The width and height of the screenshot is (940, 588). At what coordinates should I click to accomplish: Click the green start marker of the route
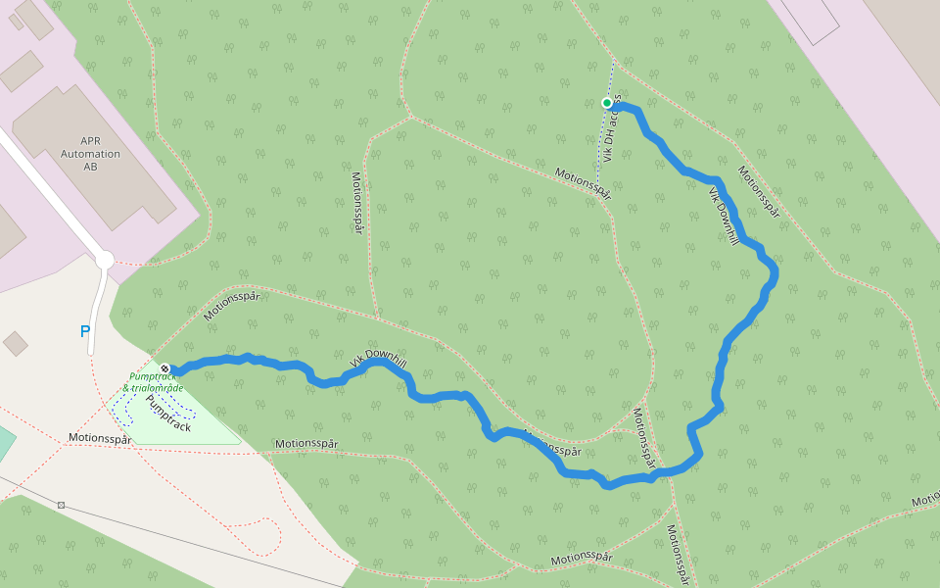pyautogui.click(x=607, y=103)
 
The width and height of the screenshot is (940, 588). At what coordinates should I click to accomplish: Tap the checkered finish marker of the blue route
pyautogui.click(x=164, y=369)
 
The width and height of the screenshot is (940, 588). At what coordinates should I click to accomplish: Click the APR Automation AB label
pyautogui.click(x=90, y=154)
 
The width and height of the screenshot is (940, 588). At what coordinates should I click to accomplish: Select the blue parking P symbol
pyautogui.click(x=85, y=332)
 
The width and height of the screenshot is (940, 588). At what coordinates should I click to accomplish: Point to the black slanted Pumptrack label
pyautogui.click(x=167, y=413)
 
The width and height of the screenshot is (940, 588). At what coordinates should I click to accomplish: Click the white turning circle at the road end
pyautogui.click(x=105, y=260)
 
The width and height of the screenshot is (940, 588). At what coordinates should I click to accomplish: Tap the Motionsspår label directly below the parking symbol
pyautogui.click(x=100, y=439)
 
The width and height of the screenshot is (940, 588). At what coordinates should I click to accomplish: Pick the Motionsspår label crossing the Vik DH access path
pyautogui.click(x=583, y=183)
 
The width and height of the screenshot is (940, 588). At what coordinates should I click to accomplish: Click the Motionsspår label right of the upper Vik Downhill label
pyautogui.click(x=759, y=192)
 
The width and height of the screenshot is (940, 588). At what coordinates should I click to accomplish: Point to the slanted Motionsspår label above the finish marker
pyautogui.click(x=231, y=306)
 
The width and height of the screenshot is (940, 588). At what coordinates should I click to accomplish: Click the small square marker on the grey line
pyautogui.click(x=61, y=505)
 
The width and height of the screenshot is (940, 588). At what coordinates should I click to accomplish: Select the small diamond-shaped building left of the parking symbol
pyautogui.click(x=16, y=343)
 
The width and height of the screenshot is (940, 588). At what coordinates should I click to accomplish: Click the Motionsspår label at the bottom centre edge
pyautogui.click(x=581, y=558)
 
